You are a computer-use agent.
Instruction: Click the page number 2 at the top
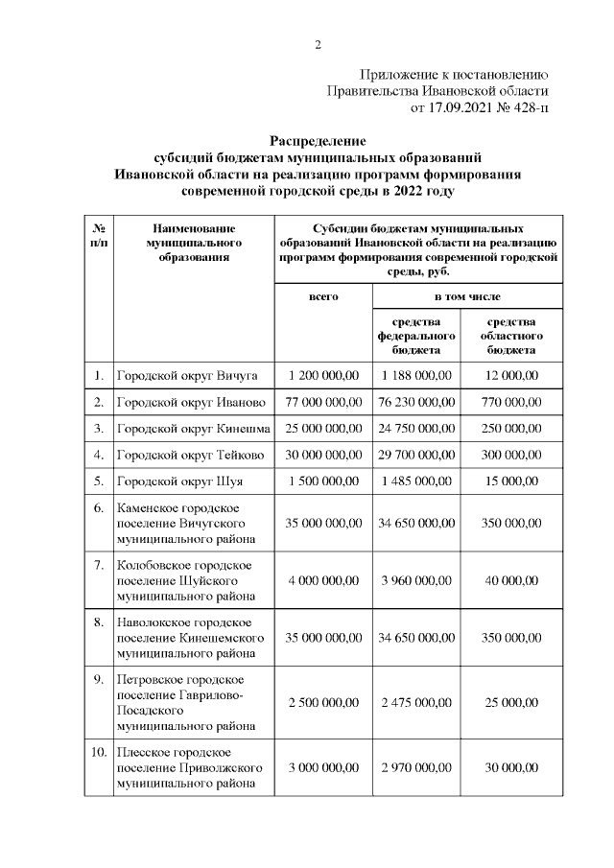[318, 44]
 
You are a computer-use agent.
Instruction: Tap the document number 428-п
[528, 108]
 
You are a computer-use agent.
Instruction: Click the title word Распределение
[318, 141]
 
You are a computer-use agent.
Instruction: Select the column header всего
[323, 297]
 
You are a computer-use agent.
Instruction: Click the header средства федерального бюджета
[415, 336]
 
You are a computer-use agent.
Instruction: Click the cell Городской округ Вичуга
[177, 374]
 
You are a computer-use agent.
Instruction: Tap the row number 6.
[99, 507]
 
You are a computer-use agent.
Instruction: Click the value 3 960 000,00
[415, 579]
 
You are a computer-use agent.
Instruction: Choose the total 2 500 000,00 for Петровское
[323, 703]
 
